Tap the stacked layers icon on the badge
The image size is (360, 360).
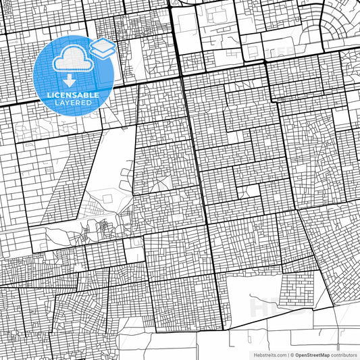coord(102,48)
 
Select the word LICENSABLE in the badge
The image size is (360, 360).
coord(70,95)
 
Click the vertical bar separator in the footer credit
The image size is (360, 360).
coord(288,354)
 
